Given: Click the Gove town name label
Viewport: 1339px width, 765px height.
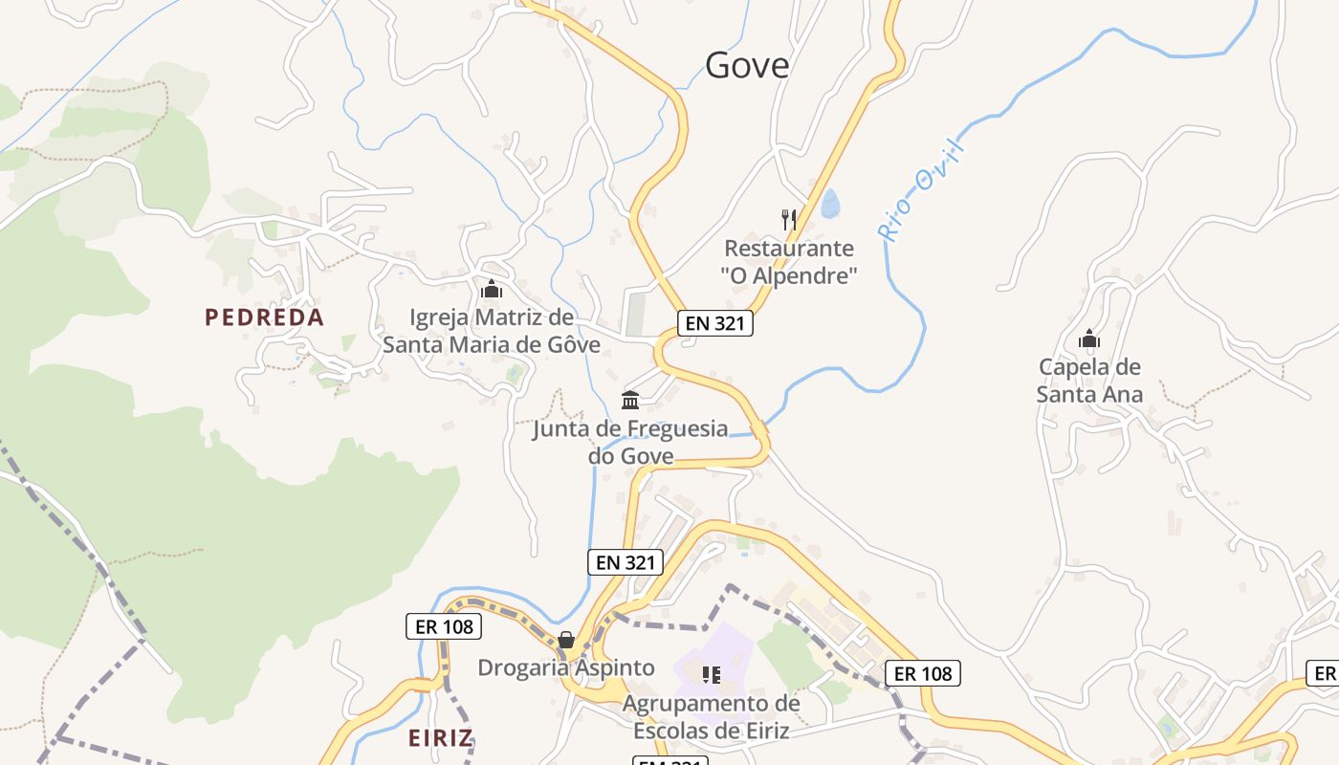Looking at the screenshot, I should (x=747, y=65).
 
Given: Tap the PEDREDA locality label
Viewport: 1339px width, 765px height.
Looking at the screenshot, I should (x=264, y=317).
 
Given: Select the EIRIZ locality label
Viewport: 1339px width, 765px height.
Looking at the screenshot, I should (x=441, y=738).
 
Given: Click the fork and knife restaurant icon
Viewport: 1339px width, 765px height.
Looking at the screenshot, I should (x=789, y=220).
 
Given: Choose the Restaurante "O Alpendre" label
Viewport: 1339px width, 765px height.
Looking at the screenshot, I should (x=789, y=262).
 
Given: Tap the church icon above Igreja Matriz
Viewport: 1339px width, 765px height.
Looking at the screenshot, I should (x=492, y=288).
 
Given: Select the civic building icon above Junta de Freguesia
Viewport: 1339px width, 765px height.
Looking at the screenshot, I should (x=630, y=400).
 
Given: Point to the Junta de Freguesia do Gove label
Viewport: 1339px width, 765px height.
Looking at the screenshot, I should (x=630, y=442).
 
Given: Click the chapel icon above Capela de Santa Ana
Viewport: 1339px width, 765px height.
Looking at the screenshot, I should (x=1089, y=339).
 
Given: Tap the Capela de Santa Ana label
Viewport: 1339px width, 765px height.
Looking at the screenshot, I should (x=1089, y=381).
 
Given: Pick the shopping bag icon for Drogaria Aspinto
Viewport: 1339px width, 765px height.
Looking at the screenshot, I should (x=566, y=640).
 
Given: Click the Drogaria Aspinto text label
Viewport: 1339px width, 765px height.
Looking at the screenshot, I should (x=566, y=667).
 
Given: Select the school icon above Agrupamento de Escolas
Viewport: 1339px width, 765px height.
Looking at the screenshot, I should (x=712, y=675).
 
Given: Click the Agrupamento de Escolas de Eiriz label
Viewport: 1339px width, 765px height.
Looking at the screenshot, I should (x=712, y=717).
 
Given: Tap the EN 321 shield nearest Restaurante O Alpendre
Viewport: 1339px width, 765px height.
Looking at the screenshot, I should (x=715, y=323).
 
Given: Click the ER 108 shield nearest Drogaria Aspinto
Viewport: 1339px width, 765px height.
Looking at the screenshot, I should (x=443, y=626).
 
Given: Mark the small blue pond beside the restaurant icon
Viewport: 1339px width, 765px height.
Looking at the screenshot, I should (x=830, y=203).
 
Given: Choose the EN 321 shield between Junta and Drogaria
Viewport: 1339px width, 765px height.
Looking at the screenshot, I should (x=626, y=562).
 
